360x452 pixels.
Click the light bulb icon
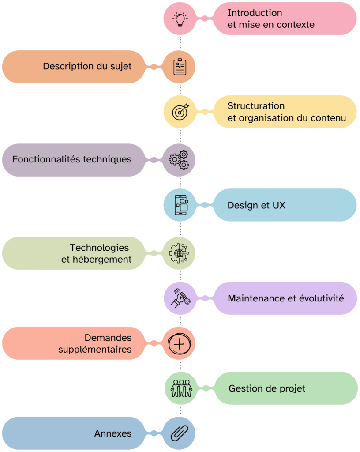180,19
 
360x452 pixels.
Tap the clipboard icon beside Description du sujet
180,67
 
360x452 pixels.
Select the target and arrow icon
180,112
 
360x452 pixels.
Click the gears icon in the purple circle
179,160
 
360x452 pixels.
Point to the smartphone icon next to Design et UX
180,205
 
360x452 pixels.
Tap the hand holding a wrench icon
180,298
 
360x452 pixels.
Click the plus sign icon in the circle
179,343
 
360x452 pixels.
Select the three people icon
181,388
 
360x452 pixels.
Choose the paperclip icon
180,433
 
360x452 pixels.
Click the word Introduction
255,13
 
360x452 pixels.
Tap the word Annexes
113,434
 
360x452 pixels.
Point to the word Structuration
256,106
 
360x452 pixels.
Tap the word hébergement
102,260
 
